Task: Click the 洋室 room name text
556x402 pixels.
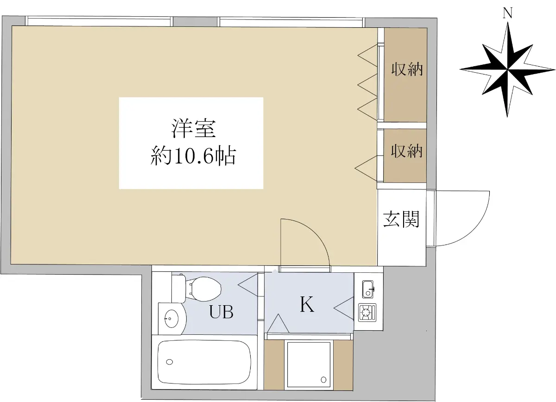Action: (x=194, y=129)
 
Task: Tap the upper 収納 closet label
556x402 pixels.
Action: (x=407, y=69)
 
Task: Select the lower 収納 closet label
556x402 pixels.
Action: (x=407, y=151)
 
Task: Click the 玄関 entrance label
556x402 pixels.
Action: (x=401, y=219)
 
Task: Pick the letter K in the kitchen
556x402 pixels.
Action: (x=307, y=304)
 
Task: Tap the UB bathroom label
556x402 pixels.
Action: (x=221, y=312)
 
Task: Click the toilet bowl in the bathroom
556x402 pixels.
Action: (x=204, y=289)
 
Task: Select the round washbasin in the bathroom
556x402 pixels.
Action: (x=171, y=319)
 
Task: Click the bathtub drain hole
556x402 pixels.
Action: (x=170, y=362)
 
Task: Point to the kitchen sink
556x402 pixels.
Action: (x=368, y=289)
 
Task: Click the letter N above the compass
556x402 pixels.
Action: (x=508, y=13)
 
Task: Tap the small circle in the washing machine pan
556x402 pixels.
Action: (x=324, y=380)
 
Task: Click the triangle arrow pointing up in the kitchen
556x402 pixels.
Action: (x=278, y=323)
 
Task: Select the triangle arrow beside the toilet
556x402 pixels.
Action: (x=248, y=285)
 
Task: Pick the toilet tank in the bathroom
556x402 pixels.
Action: (x=178, y=289)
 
